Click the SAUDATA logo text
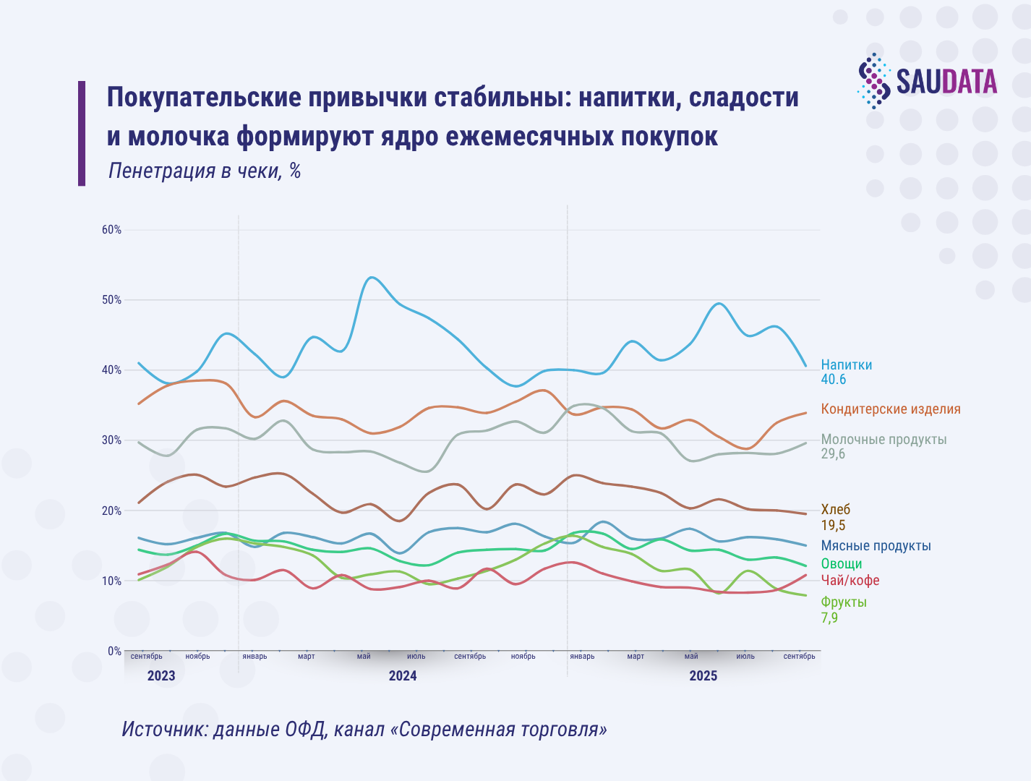pyautogui.click(x=946, y=82)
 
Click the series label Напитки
pyautogui.click(x=846, y=365)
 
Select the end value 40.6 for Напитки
pyautogui.click(x=833, y=380)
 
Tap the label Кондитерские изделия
pyautogui.click(x=890, y=409)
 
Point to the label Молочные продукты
pyautogui.click(x=883, y=440)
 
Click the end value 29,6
pyautogui.click(x=833, y=454)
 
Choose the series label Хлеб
pyautogui.click(x=835, y=510)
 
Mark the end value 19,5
pyautogui.click(x=833, y=526)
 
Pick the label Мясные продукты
pyautogui.click(x=876, y=546)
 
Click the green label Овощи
pyautogui.click(x=841, y=564)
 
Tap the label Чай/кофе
pyautogui.click(x=850, y=581)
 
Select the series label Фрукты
pyautogui.click(x=843, y=602)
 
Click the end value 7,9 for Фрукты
pyautogui.click(x=829, y=618)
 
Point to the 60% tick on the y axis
pyautogui.click(x=111, y=230)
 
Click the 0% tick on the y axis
pyautogui.click(x=114, y=651)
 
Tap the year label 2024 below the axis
pyautogui.click(x=403, y=676)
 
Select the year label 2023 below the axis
pyautogui.click(x=161, y=676)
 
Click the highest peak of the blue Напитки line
pyautogui.click(x=371, y=277)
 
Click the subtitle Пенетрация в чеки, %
pyautogui.click(x=204, y=171)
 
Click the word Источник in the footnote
pyautogui.click(x=164, y=729)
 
